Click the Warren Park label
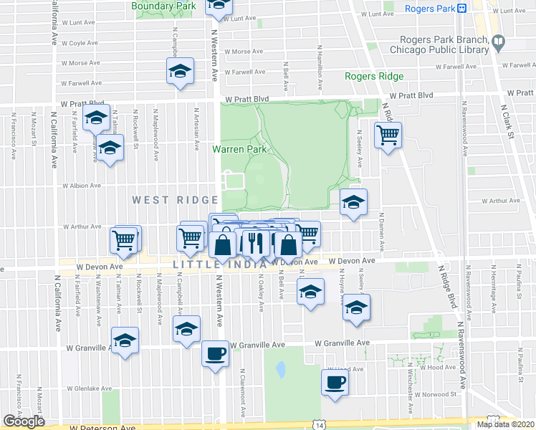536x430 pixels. pyautogui.click(x=239, y=150)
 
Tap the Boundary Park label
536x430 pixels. pyautogui.click(x=164, y=6)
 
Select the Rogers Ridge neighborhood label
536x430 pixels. pyautogui.click(x=373, y=76)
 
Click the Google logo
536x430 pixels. pyautogui.click(x=24, y=421)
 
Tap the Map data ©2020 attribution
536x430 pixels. pyautogui.click(x=505, y=424)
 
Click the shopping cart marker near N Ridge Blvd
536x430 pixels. pyautogui.click(x=388, y=134)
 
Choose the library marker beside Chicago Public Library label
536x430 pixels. pyautogui.click(x=498, y=45)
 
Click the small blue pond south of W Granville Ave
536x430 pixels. pyautogui.click(x=281, y=370)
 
